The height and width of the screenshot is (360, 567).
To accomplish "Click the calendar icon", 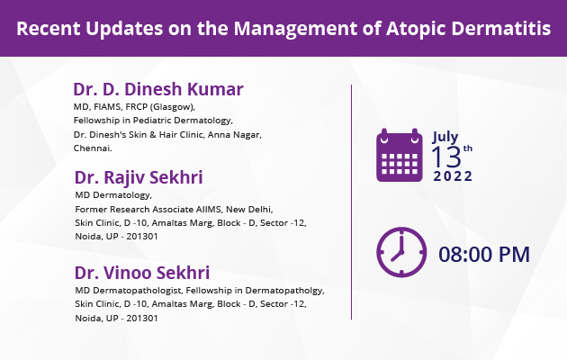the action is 400,155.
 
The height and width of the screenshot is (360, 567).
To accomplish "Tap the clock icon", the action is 401,252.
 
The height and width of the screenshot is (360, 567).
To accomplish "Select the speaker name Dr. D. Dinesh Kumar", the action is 158,89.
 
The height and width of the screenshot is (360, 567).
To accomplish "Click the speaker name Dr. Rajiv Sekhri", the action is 139,177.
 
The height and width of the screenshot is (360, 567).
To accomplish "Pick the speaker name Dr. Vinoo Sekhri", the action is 142,273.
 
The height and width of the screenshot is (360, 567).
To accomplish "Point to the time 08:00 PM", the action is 484,254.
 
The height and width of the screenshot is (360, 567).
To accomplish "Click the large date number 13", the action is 446,157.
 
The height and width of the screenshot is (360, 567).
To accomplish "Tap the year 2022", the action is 453,176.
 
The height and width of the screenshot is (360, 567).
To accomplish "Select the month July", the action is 445,137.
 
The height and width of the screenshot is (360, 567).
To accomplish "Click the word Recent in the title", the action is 48,28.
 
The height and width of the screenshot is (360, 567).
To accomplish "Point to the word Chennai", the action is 93,148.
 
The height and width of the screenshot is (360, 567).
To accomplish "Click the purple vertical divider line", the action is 351,202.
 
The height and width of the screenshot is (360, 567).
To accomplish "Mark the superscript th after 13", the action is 468,148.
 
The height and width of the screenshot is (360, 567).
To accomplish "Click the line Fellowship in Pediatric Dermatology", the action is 153,121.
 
